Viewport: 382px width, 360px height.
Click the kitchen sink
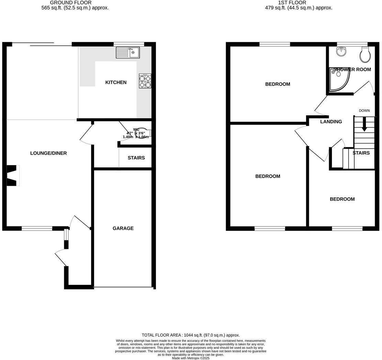pyautogui.click(x=127, y=53)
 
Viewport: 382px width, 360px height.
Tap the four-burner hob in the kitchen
pyautogui.click(x=145, y=81)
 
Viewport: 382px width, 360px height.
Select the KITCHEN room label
pyautogui.click(x=116, y=82)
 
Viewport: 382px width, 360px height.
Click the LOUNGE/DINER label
pyautogui.click(x=48, y=153)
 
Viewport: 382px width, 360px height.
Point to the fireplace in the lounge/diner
pyautogui.click(x=12, y=175)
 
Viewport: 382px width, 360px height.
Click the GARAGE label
pyautogui.click(x=123, y=228)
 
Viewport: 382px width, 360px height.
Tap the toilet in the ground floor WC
pyautogui.click(x=144, y=133)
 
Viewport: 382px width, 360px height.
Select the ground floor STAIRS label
pyautogui.click(x=136, y=158)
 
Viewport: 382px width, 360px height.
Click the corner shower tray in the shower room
pyautogui.click(x=338, y=80)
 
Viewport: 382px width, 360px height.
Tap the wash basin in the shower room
pyautogui.click(x=341, y=52)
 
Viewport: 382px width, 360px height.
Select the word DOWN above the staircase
pyautogui.click(x=364, y=111)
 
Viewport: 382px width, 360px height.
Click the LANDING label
pyautogui.click(x=331, y=122)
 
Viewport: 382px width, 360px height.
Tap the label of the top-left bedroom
pyautogui.click(x=278, y=84)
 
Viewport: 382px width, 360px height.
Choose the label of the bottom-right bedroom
pyautogui.click(x=342, y=199)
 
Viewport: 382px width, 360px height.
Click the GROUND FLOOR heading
pyautogui.click(x=71, y=3)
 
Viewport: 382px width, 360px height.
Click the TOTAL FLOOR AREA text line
pyautogui.click(x=191, y=335)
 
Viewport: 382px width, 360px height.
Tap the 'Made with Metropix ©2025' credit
pyautogui.click(x=191, y=358)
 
